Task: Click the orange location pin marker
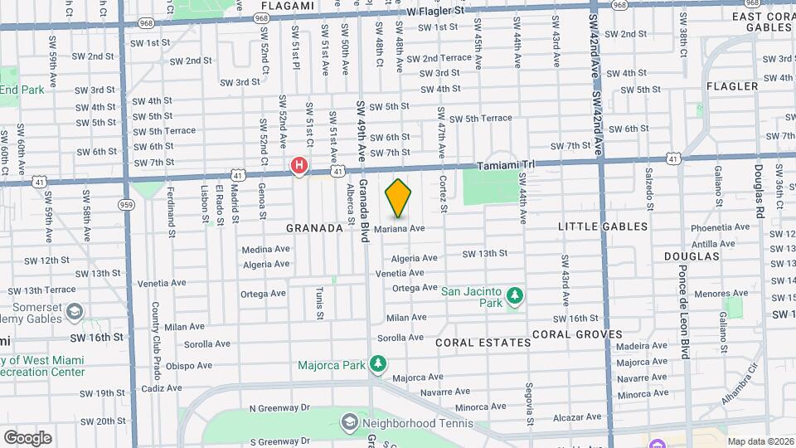399,197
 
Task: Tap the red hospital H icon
298,166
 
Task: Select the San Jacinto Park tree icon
516,296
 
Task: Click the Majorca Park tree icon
378,363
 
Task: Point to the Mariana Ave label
399,228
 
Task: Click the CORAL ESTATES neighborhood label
483,342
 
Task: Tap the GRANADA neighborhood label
314,227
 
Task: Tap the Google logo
27,437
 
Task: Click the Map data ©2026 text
760,441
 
